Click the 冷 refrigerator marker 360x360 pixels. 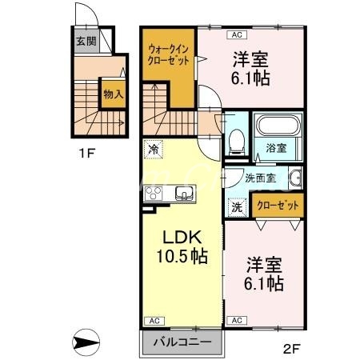pos(153,147)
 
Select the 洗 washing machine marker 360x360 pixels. pos(238,206)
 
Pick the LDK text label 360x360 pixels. pos(180,238)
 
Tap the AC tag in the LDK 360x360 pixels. pos(151,320)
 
